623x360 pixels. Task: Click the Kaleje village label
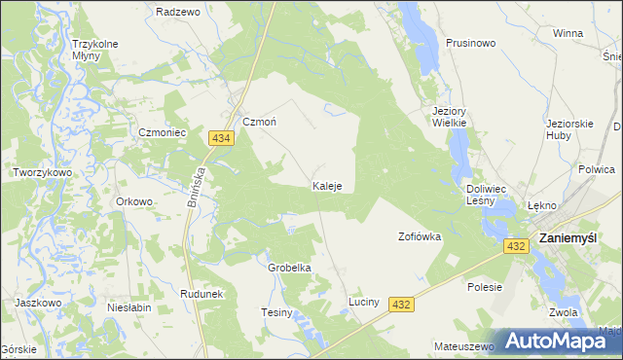coord(326,186)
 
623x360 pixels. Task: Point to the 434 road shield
coord(221,140)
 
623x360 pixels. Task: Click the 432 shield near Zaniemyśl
coord(517,247)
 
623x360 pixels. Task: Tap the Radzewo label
coord(177,13)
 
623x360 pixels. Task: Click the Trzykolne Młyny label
coord(94,50)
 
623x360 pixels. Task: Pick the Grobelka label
coord(289,268)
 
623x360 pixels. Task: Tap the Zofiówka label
coord(421,236)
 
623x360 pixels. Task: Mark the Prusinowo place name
coord(471,44)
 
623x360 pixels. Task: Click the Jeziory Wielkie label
coord(451,117)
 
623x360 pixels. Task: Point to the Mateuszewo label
coord(463,345)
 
